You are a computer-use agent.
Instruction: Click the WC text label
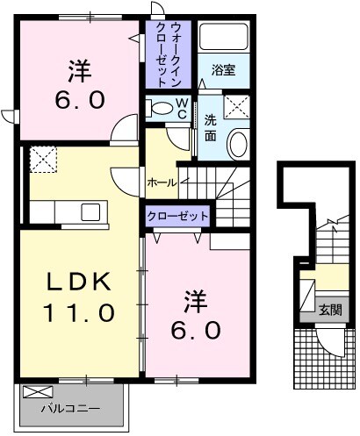pyautogui.click(x=181, y=109)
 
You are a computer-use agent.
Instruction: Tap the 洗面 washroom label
pyautogui.click(x=211, y=128)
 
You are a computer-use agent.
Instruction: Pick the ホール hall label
pyautogui.click(x=162, y=182)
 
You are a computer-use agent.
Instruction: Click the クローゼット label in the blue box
pyautogui.click(x=177, y=215)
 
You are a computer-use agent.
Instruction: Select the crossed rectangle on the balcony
pyautogui.click(x=36, y=392)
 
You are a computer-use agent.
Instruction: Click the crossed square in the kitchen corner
pyautogui.click(x=42, y=160)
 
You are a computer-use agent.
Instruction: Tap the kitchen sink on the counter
pyautogui.click(x=90, y=211)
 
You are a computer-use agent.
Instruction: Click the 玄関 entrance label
pyautogui.click(x=330, y=309)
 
